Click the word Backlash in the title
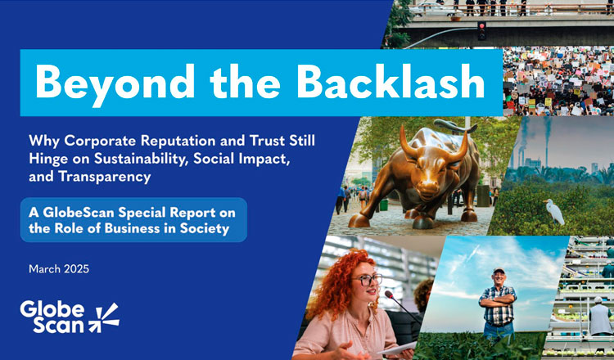[394, 80]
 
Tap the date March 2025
[59, 269]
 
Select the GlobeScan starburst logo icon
[104, 317]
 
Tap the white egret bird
[553, 212]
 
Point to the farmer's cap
[499, 270]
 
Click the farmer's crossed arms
[497, 300]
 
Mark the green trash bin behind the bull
[384, 205]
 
